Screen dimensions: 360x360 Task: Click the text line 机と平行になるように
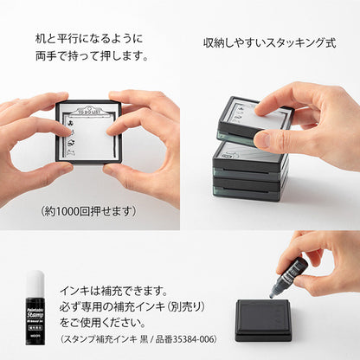pyautogui.click(x=89, y=39)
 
